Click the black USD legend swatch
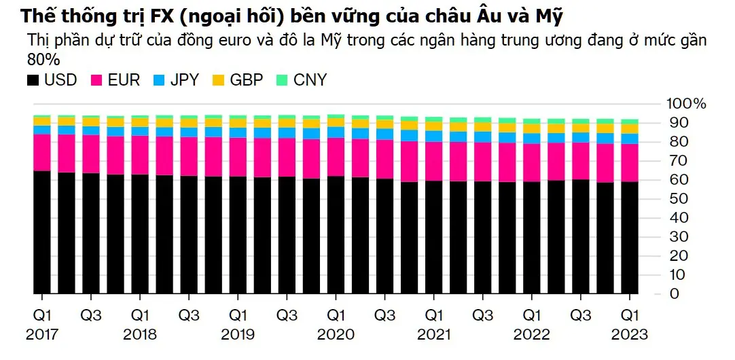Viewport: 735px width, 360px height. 33,80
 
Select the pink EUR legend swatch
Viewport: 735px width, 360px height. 96,80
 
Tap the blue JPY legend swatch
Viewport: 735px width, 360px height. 158,80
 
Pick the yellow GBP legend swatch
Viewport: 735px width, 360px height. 217,80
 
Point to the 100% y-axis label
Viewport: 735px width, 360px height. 687,104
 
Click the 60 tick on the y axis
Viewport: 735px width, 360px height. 679,180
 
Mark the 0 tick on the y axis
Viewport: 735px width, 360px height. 675,294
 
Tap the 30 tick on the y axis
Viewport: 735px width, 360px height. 679,237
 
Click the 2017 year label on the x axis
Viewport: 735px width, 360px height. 42,334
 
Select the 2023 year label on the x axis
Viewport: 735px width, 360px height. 630,334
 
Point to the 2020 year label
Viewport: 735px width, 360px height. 336,334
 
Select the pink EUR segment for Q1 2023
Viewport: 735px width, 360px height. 630,163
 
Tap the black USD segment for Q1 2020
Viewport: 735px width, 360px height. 336,235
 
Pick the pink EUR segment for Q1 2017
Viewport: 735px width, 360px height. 42,152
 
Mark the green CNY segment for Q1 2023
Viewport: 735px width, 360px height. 630,122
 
